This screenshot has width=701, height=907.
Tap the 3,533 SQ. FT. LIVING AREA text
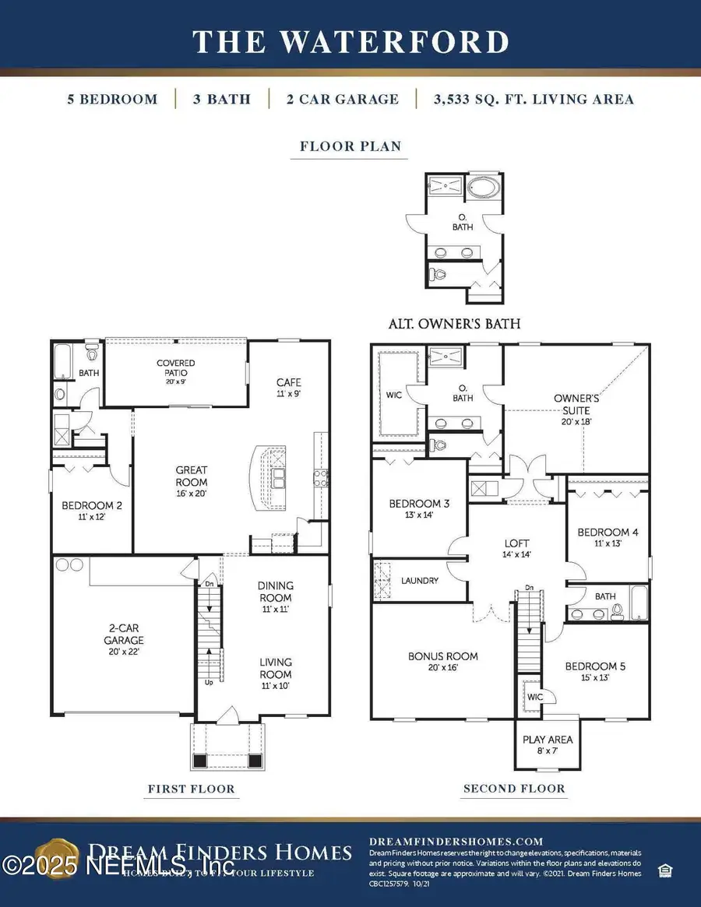click(x=524, y=99)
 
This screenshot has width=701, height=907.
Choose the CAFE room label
click(x=288, y=387)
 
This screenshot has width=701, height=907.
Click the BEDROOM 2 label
click(x=91, y=509)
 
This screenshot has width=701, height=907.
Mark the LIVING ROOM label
click(x=276, y=669)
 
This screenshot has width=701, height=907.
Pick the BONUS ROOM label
click(x=443, y=662)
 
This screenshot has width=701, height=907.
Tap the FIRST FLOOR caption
click(x=191, y=789)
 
